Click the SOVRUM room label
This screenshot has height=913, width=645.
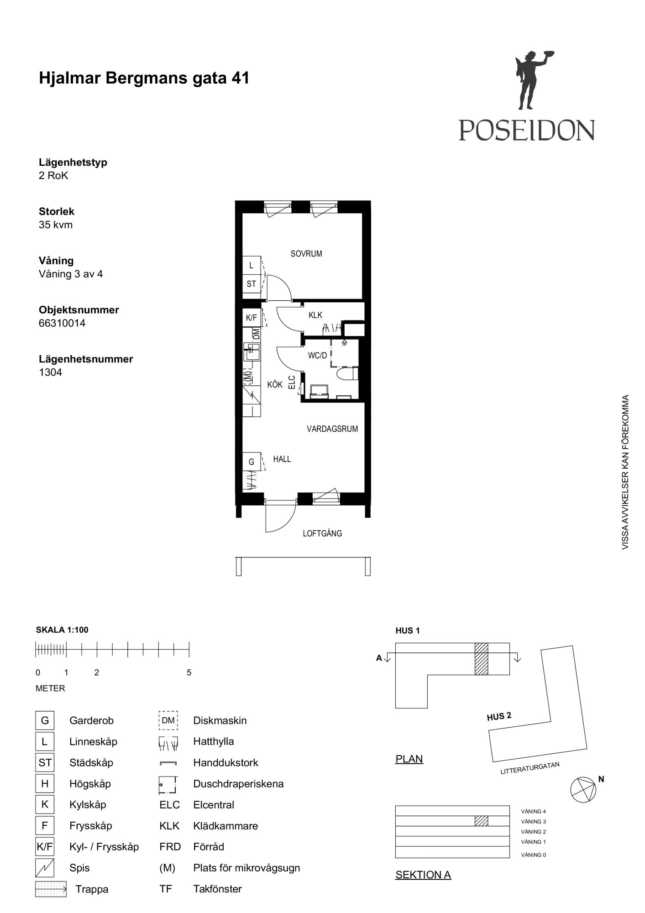click(x=306, y=254)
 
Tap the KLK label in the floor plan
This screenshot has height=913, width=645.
click(x=315, y=315)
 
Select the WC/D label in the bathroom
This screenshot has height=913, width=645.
click(x=317, y=356)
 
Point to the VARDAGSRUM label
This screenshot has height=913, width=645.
click(x=332, y=429)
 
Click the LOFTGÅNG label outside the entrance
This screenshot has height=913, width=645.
click(x=322, y=533)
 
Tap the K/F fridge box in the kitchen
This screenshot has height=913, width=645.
click(x=252, y=318)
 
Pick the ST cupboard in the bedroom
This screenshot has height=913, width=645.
click(x=252, y=284)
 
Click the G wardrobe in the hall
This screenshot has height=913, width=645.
click(x=252, y=462)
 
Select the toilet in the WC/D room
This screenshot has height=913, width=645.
click(x=347, y=374)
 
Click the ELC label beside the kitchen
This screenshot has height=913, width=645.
click(x=292, y=382)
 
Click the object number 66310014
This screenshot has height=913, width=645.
click(x=62, y=323)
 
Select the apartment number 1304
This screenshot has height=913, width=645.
click(x=50, y=373)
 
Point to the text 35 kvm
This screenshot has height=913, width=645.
click(x=56, y=225)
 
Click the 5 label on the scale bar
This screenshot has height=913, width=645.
click(x=189, y=672)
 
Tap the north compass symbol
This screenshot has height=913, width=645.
click(x=583, y=789)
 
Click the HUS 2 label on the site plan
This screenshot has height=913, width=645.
click(x=499, y=717)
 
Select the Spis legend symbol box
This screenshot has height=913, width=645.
click(x=45, y=868)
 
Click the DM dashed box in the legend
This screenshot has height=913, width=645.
click(x=168, y=720)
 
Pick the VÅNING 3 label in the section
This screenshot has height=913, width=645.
click(x=533, y=822)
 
